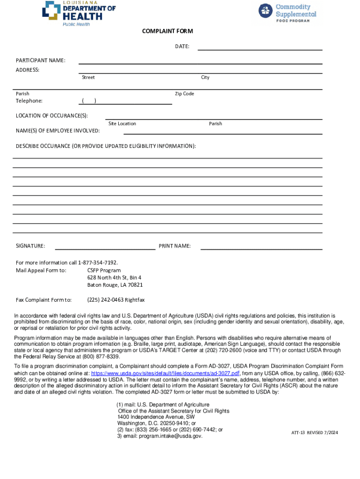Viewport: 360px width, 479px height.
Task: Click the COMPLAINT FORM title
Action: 167,31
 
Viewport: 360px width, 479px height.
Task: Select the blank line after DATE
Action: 260,48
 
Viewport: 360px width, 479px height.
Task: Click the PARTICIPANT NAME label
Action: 41,61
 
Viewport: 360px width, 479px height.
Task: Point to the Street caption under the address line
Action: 88,77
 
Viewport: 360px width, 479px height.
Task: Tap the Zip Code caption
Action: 184,94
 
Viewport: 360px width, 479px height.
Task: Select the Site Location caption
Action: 122,123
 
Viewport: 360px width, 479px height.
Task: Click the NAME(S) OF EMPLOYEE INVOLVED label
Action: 58,131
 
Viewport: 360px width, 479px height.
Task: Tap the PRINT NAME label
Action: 174,246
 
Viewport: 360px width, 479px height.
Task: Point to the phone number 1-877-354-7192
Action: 98,262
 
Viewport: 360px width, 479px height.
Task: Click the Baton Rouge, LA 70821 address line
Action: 115,285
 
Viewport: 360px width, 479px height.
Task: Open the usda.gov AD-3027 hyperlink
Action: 165,373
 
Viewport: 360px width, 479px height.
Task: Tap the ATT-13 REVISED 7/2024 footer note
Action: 314,433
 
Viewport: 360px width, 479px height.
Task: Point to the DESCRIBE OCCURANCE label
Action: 106,146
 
